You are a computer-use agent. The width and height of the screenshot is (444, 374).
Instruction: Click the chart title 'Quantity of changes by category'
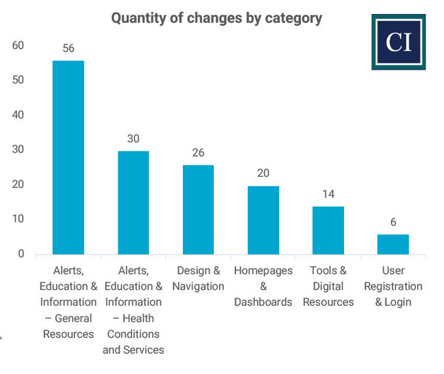pos(216,18)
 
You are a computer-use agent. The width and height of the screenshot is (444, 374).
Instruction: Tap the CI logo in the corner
pos(398,42)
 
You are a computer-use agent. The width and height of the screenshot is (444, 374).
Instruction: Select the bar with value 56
pos(68,157)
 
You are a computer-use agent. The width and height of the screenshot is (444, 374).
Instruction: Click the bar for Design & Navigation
pos(198,210)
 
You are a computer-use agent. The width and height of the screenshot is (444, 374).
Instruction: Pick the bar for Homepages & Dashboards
pos(263,220)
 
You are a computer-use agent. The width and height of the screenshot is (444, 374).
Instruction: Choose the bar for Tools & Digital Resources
pos(328,231)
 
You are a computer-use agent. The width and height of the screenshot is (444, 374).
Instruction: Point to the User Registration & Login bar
pos(393,245)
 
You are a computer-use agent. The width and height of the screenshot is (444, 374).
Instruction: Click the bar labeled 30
pos(133,203)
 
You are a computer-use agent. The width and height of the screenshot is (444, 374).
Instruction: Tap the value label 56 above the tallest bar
pos(68,49)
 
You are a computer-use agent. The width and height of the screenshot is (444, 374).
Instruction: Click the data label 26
pos(198,153)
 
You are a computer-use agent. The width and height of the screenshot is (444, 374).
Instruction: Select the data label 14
pos(328,194)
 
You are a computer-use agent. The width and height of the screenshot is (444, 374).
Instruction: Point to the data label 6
pos(393,222)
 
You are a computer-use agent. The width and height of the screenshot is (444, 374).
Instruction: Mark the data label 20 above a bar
pos(263,174)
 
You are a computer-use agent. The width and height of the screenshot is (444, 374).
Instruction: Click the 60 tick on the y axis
pos(18,46)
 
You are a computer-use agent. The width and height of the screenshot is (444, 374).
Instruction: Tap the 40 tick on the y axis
pos(18,115)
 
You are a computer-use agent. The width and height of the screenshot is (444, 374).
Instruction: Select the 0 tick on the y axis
pos(21,254)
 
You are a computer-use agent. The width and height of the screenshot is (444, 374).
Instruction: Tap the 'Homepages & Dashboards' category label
pos(263,286)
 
